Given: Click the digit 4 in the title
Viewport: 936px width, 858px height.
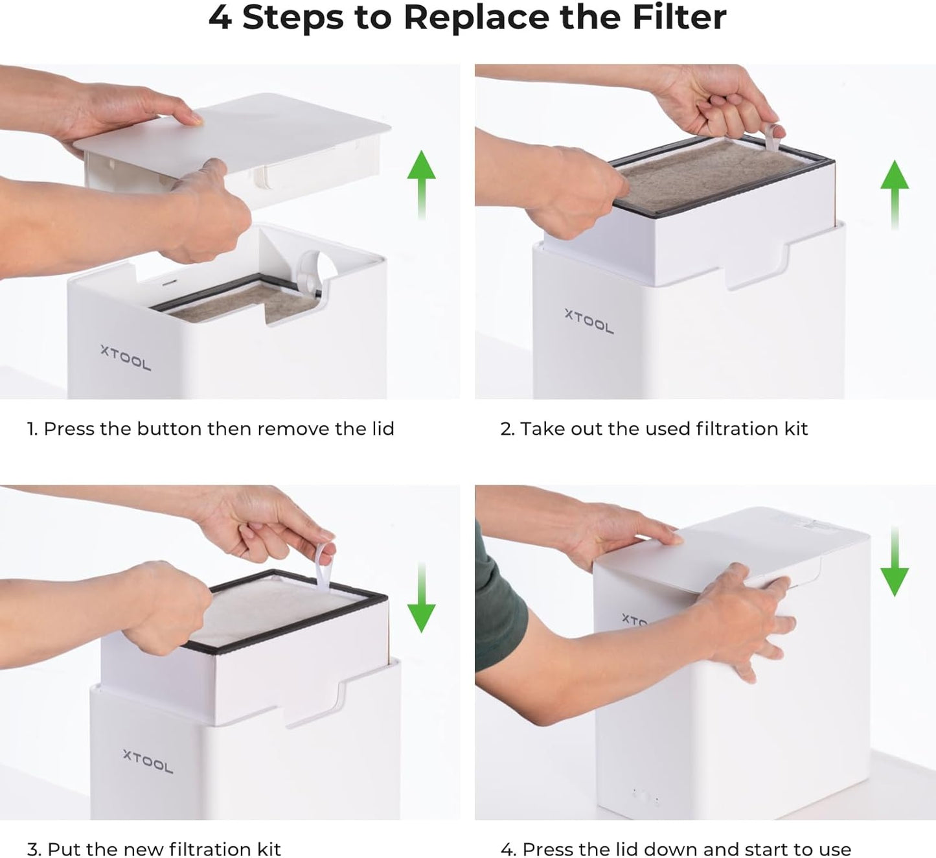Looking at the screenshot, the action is click(220, 17).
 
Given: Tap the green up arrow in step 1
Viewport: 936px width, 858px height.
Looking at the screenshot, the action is click(421, 185).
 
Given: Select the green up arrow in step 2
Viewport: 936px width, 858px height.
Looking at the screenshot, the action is click(895, 194).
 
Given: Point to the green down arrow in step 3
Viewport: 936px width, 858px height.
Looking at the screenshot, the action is click(421, 597).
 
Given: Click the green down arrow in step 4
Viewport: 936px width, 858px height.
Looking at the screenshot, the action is click(895, 561).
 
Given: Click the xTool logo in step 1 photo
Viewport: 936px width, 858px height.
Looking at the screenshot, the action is click(126, 358).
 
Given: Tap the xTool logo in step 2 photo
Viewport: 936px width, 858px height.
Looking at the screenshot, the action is click(589, 321).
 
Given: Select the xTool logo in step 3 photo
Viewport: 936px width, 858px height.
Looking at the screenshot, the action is click(148, 761).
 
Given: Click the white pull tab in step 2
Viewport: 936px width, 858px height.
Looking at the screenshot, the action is click(772, 138).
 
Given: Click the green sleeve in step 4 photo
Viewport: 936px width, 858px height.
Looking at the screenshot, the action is click(498, 602).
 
